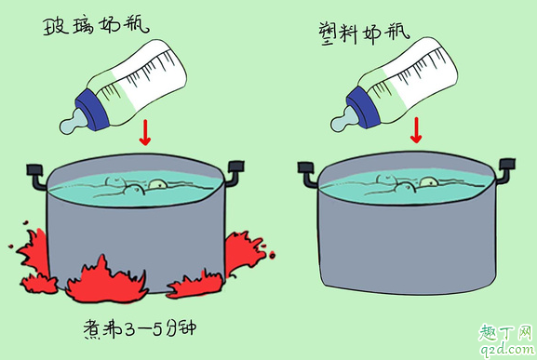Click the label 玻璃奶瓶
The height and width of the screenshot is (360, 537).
pos(92,25)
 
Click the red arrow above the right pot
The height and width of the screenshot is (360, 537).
pos(416,134)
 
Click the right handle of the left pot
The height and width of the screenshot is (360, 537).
pos(235,169)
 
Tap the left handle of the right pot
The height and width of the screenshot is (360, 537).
pos(307,169)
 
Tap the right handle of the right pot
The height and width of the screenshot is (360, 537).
pos(507,169)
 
